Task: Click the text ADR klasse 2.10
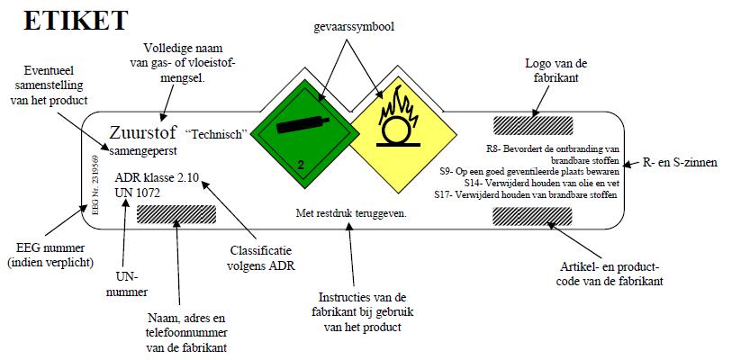tap(157, 178)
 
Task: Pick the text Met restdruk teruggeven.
tap(352, 214)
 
